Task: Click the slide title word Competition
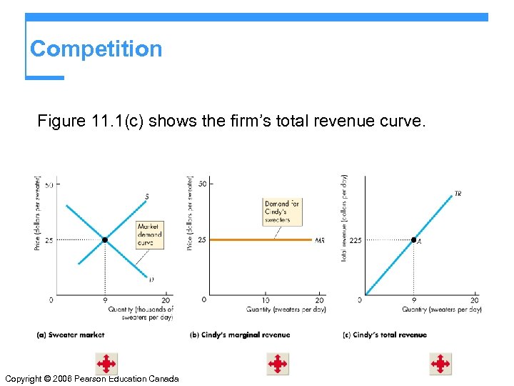(x=96, y=49)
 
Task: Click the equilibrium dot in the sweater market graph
(x=104, y=240)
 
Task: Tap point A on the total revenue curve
(x=414, y=240)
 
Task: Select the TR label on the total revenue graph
(x=458, y=193)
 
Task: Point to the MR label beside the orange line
(x=320, y=241)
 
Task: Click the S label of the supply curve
(x=147, y=196)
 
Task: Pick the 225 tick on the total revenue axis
(x=356, y=240)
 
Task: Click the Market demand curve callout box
(x=150, y=234)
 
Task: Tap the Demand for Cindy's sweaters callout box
(x=282, y=212)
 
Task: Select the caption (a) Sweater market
(x=70, y=335)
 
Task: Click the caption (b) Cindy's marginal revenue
(x=240, y=335)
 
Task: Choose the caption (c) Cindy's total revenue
(x=385, y=335)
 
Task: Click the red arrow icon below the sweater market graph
(x=106, y=364)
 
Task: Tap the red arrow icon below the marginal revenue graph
(x=278, y=364)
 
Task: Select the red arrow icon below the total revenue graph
(x=440, y=364)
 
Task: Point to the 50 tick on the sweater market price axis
(x=49, y=185)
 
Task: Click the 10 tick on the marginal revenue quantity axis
(x=266, y=300)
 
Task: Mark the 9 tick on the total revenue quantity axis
(x=414, y=300)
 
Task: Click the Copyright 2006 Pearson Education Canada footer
(x=91, y=378)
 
